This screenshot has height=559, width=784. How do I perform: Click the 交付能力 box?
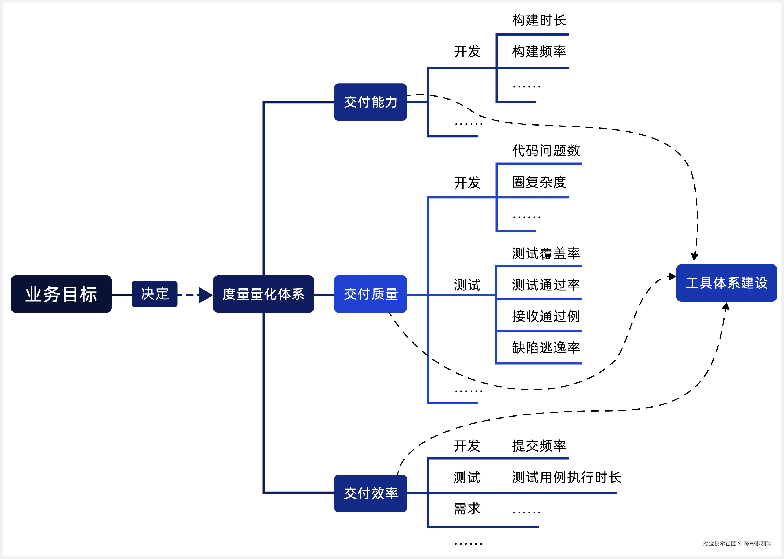(370, 102)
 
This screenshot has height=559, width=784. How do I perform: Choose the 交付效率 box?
(370, 493)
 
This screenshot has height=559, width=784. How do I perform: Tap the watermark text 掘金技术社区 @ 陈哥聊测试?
(737, 543)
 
